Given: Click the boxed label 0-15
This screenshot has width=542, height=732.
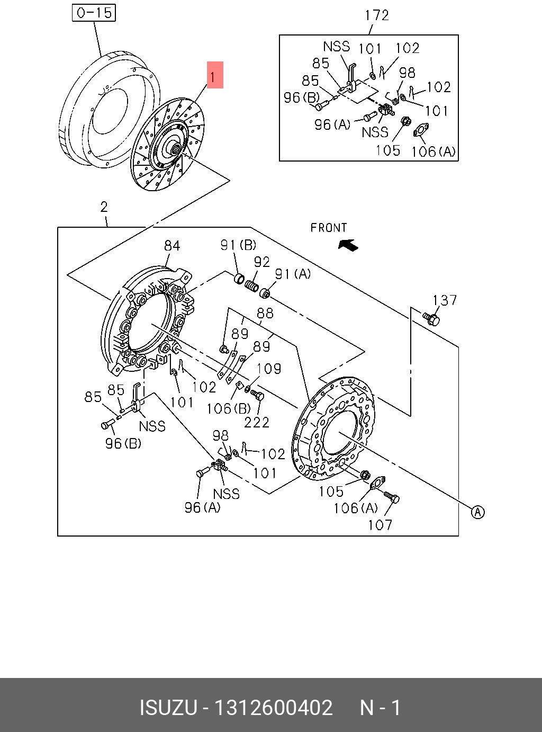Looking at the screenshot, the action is (94, 13).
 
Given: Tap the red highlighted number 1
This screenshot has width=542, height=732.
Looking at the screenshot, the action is (215, 75).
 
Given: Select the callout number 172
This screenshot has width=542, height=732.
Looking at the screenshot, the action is (377, 15).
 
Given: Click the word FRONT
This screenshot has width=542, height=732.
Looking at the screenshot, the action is (329, 228).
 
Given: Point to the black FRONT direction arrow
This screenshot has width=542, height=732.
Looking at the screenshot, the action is (348, 245).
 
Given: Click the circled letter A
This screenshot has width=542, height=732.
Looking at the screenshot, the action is (477, 512).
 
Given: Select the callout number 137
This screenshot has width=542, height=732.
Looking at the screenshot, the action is (445, 300).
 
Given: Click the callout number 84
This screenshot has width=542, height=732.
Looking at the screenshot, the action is (172, 246).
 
